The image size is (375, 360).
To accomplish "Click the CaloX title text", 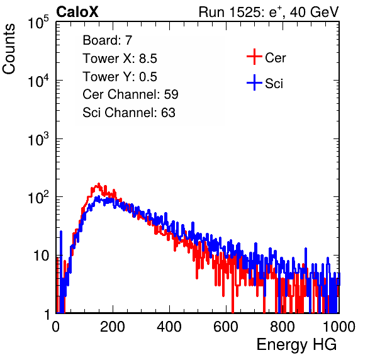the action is [x=77, y=12].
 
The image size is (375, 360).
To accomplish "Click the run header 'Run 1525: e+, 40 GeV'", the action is [x=269, y=12].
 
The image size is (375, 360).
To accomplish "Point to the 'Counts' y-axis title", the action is [x=9, y=49].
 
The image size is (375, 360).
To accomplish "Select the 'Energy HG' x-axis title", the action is [x=296, y=345].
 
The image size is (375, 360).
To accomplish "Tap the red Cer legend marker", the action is [x=254, y=57].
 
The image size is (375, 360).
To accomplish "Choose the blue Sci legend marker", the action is [x=254, y=82].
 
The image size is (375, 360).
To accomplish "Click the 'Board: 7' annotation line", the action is [x=107, y=40].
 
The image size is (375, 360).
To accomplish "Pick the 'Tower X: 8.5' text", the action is [x=120, y=59].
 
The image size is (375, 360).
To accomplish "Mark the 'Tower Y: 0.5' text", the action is [x=120, y=77].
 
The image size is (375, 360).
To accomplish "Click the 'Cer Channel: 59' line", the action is [x=130, y=94].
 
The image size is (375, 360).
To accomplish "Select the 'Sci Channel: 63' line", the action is [x=129, y=113].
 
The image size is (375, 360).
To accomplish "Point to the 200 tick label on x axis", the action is [x=113, y=327].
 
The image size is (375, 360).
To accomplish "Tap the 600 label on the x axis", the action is [x=226, y=327].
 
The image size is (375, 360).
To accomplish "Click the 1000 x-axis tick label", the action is [x=339, y=327].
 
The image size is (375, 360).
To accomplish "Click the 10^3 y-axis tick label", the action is [x=38, y=139].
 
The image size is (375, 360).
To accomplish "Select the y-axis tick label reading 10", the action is [x=41, y=256].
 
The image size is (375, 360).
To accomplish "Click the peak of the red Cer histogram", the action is [x=98, y=184].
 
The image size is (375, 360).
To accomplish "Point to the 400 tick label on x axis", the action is [x=169, y=327].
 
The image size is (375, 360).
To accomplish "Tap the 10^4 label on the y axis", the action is [x=38, y=81].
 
